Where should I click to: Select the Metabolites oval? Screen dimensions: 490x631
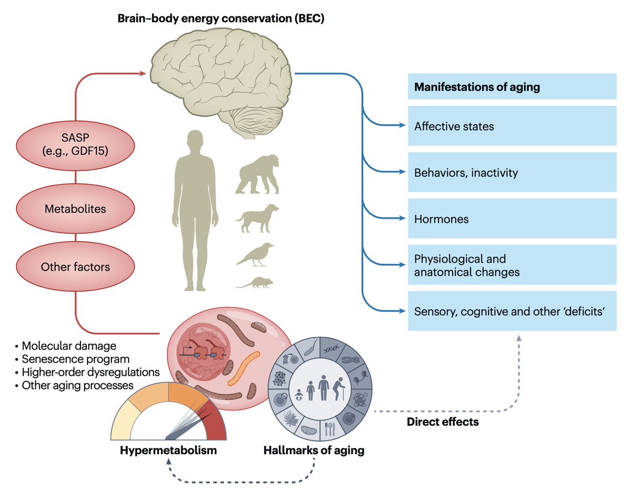(x=75, y=209)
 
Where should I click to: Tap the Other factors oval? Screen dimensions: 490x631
(x=75, y=267)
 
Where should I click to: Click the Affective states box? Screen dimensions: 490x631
(x=512, y=126)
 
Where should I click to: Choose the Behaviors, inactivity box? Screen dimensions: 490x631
(x=512, y=173)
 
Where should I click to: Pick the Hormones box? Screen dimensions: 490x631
(x=512, y=218)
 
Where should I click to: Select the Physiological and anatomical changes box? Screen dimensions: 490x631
(x=512, y=265)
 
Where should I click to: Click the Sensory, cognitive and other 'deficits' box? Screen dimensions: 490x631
(x=512, y=311)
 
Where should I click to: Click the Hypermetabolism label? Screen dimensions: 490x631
(x=168, y=451)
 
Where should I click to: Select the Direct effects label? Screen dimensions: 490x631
(x=443, y=422)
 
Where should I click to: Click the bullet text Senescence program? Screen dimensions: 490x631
(x=75, y=359)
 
